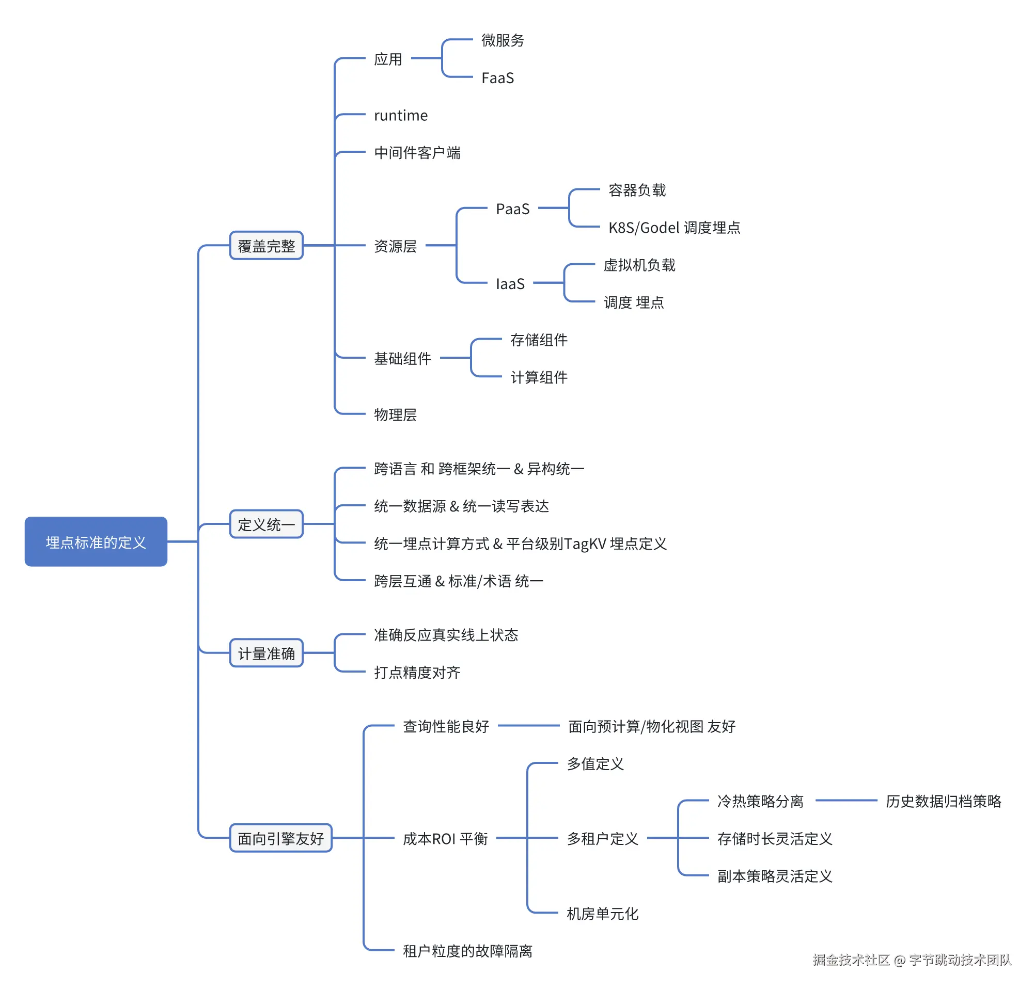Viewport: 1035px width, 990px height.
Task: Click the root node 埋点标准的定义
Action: click(96, 541)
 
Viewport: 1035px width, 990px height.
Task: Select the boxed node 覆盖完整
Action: click(266, 245)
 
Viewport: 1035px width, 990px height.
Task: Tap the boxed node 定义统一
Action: click(266, 524)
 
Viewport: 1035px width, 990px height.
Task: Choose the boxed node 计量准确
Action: click(266, 653)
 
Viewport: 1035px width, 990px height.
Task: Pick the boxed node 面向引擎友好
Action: click(280, 838)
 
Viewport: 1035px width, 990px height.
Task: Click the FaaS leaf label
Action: click(497, 78)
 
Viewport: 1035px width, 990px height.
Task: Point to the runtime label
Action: click(401, 115)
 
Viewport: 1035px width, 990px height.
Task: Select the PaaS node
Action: click(512, 209)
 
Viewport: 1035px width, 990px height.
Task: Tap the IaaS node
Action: click(510, 284)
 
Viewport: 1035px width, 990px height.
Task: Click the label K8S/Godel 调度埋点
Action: click(674, 228)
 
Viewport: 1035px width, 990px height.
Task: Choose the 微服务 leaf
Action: click(502, 40)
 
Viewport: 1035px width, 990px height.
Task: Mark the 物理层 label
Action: click(395, 414)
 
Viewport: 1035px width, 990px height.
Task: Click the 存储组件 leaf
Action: click(539, 340)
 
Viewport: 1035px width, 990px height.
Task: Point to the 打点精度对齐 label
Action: click(417, 672)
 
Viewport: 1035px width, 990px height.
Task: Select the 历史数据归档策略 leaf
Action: click(943, 801)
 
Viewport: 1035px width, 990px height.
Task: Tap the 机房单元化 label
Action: click(602, 914)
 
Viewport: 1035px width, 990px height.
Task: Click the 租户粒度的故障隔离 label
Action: click(467, 950)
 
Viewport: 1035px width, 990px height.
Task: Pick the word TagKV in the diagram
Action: click(585, 544)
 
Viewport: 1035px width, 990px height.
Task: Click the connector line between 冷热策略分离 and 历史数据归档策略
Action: click(846, 801)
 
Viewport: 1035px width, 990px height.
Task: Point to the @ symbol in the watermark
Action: click(899, 960)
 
